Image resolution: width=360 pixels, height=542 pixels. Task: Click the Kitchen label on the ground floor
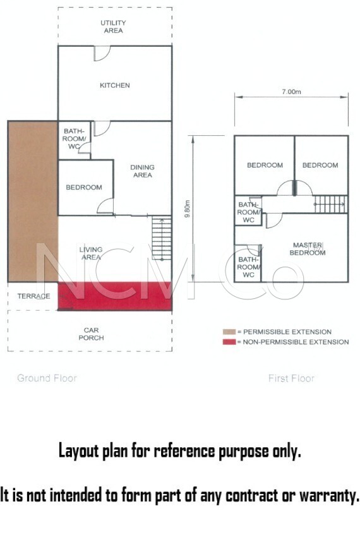114,85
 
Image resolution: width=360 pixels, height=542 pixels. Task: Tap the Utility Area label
113,27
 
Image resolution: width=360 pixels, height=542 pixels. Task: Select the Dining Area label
142,171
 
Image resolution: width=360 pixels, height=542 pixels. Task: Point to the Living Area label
91,253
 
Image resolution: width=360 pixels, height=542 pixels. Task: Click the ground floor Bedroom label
84,187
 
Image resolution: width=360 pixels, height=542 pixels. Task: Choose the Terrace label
33,296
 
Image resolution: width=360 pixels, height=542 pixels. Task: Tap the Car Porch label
91,334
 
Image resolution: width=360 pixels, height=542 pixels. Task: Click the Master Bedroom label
308,248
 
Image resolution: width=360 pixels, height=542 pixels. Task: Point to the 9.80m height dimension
187,208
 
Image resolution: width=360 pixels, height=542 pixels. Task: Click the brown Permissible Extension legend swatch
229,332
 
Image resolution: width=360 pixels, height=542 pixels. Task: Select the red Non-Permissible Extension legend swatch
229,342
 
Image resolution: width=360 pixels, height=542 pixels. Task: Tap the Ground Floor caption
47,378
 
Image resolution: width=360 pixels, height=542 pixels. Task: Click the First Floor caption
291,378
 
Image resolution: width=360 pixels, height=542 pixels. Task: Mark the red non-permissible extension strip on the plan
115,296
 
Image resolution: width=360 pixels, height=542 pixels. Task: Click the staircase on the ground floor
162,238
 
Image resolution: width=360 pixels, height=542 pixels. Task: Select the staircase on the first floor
331,204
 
